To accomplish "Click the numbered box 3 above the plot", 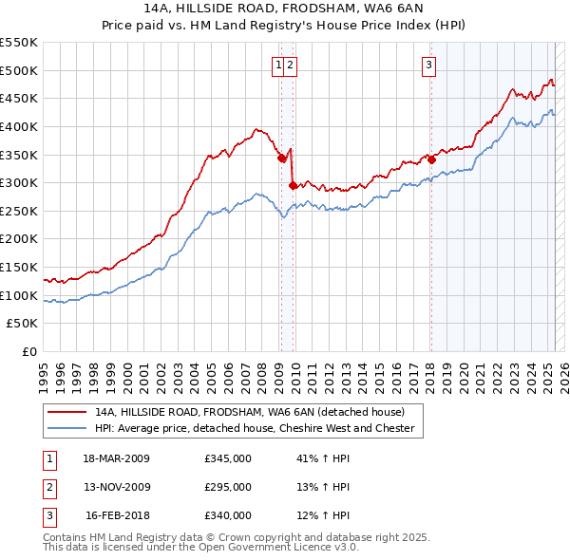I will [429, 65].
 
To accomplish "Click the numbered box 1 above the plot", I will [278, 65].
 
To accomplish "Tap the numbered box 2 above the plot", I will [289, 65].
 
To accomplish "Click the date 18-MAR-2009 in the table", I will [117, 458].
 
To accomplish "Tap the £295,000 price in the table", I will [228, 487].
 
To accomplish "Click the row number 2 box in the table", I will [48, 487].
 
